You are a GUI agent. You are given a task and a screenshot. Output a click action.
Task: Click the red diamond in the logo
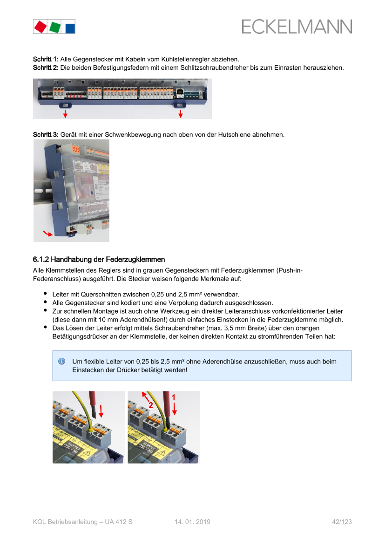pos(41,27)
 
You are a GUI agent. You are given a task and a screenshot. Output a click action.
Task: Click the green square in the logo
pos(55,27)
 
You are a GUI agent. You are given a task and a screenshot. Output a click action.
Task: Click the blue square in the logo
pos(70,28)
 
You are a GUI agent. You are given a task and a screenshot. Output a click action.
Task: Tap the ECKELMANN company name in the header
pos(297,27)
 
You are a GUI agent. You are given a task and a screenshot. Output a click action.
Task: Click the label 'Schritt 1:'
pos(46,59)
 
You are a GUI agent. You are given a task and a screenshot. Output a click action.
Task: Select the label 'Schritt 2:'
pos(46,67)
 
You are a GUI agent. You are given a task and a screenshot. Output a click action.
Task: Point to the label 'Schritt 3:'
pos(46,134)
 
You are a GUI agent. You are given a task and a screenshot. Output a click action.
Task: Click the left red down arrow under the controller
pos(65,114)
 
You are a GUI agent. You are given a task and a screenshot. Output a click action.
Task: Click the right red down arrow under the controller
pos(181,114)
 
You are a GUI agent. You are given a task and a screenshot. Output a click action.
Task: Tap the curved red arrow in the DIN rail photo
pos(47,233)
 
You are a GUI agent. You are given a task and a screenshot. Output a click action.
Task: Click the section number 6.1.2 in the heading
pos(41,260)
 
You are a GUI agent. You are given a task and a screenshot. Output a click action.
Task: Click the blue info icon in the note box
pos(62,362)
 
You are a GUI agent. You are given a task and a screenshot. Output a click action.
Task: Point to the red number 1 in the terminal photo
pos(174,397)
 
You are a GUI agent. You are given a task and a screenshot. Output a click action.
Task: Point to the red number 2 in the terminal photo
pos(151,405)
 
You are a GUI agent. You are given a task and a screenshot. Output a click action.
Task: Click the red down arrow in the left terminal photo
pos(101,411)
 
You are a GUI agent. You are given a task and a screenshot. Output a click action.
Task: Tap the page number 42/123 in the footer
pos(342,522)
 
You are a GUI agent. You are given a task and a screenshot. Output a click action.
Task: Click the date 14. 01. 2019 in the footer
pos(193,522)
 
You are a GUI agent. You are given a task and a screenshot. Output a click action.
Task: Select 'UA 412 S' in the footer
pos(119,522)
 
